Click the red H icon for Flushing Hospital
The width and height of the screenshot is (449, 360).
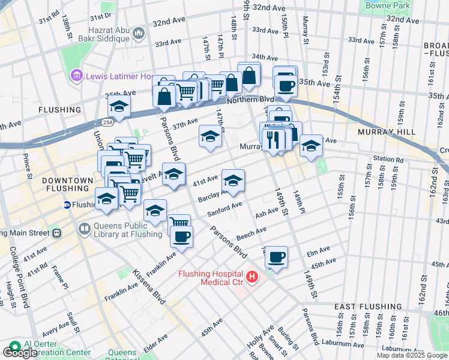[252, 277]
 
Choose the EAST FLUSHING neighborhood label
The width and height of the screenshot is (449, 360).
[367, 306]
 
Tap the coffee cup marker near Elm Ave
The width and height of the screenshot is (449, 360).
[276, 257]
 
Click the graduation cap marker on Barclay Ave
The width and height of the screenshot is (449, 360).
[234, 180]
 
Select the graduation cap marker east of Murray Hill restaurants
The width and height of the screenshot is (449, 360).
[311, 146]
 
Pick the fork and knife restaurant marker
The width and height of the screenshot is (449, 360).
[273, 139]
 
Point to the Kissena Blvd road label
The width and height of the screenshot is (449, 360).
[149, 286]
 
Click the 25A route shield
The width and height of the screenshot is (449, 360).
[107, 122]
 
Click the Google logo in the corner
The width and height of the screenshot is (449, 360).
[20, 352]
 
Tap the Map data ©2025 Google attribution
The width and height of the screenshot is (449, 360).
[412, 355]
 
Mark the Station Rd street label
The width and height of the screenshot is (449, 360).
[388, 159]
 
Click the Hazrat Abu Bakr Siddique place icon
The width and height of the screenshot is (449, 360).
[139, 31]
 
